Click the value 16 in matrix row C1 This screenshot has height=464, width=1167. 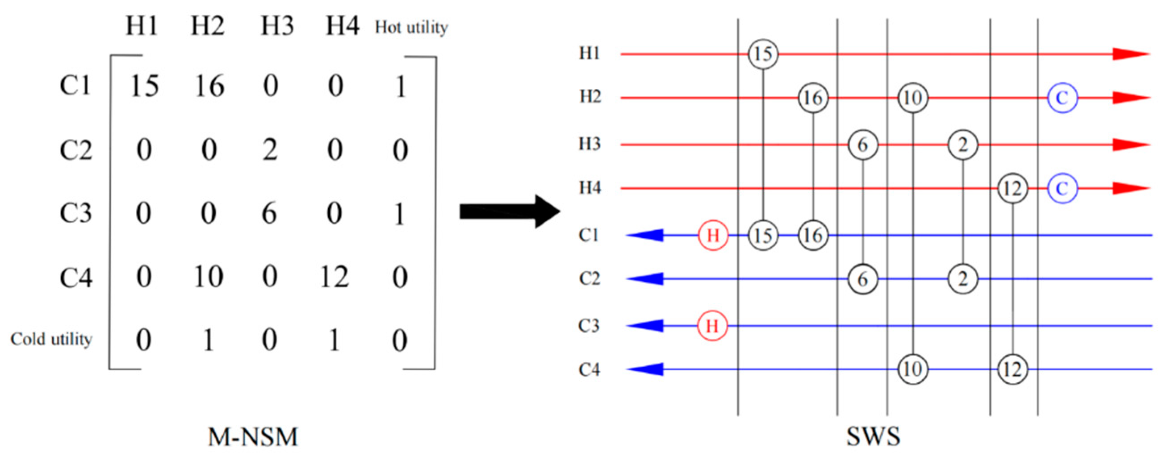(209, 86)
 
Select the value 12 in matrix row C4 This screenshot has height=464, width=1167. (335, 277)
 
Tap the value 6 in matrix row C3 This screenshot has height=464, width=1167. (270, 213)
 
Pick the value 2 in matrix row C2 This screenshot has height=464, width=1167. (270, 150)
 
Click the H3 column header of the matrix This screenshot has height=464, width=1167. (277, 26)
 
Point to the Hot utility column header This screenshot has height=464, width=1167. (411, 28)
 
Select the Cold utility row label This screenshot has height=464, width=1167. (51, 339)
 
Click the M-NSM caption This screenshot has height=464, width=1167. (253, 437)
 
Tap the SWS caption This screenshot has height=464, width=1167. (873, 437)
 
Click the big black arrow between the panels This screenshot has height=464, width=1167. (510, 211)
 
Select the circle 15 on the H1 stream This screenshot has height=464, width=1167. (763, 54)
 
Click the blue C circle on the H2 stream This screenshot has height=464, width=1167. (1062, 98)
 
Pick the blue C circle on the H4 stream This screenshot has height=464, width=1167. (1062, 188)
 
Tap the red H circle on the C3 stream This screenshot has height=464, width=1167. (712, 326)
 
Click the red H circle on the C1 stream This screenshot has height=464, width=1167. (713, 236)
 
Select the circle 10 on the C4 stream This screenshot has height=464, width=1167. (912, 369)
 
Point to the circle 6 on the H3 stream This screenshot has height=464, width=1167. (862, 145)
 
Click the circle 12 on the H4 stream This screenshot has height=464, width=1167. (1012, 188)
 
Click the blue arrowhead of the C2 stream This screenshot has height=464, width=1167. (646, 279)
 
